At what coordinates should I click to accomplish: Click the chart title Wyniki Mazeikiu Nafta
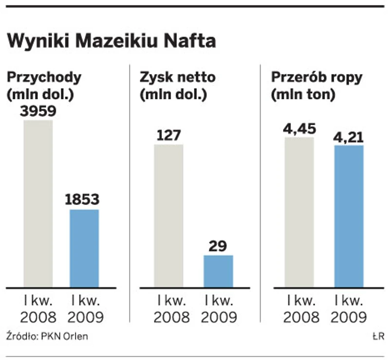point(111,40)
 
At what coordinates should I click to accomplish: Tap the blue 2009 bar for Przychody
point(84,248)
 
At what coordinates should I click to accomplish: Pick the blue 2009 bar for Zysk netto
point(218,271)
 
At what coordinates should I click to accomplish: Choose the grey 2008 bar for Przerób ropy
point(299,212)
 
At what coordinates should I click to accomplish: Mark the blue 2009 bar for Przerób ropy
point(349,216)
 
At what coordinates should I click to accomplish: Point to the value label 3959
point(38,111)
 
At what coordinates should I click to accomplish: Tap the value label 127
point(169,135)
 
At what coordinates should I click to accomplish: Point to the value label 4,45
point(299,128)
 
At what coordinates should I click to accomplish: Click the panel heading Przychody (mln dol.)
point(43,85)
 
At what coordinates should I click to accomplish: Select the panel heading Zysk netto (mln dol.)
point(177,85)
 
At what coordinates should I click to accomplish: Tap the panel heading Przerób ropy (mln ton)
point(317,85)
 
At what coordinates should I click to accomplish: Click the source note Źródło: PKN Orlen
point(47,336)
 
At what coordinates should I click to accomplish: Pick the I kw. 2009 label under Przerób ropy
point(348,308)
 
